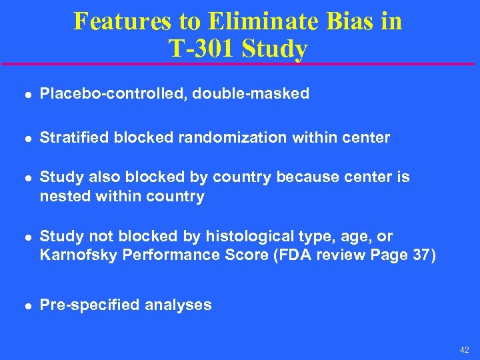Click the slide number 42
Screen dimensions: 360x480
(x=464, y=350)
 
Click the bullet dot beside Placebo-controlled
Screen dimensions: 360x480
(x=25, y=95)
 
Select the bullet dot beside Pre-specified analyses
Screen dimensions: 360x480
(x=25, y=306)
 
